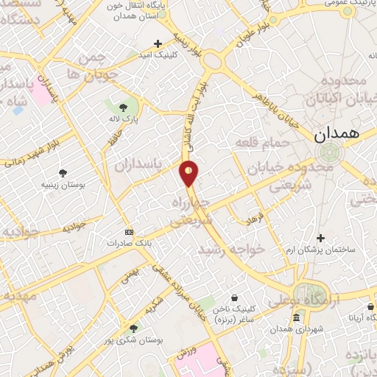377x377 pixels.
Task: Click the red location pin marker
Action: (189, 173)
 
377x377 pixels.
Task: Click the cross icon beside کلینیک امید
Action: (158, 44)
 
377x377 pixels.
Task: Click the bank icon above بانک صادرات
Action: (130, 230)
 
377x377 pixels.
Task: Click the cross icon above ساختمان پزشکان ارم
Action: (320, 238)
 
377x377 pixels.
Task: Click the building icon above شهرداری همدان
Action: (295, 318)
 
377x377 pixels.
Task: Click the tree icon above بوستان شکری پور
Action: (133, 328)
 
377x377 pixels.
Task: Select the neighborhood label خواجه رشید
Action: (230, 250)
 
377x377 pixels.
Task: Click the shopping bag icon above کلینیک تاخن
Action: (234, 298)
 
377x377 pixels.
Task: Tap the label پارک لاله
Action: (135, 118)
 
